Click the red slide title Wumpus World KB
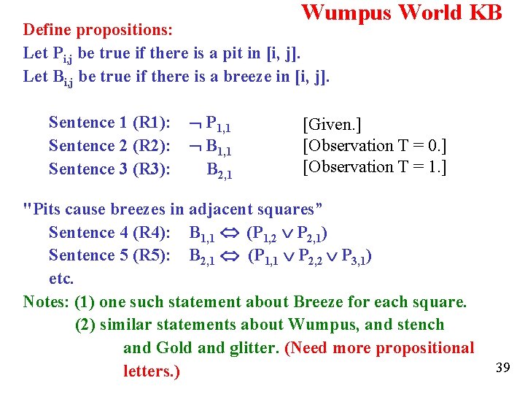point(402,12)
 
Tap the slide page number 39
point(502,367)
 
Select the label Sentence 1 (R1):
point(110,123)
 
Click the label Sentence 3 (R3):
point(110,169)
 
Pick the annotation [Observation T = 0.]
point(375,146)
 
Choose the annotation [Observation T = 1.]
point(375,167)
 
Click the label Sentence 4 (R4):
point(110,233)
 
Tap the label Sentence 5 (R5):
point(110,255)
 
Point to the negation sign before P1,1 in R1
point(195,123)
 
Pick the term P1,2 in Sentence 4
point(263,233)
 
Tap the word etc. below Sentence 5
point(61,279)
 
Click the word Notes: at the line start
point(47,302)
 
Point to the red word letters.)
point(152,371)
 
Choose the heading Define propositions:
point(98,31)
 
